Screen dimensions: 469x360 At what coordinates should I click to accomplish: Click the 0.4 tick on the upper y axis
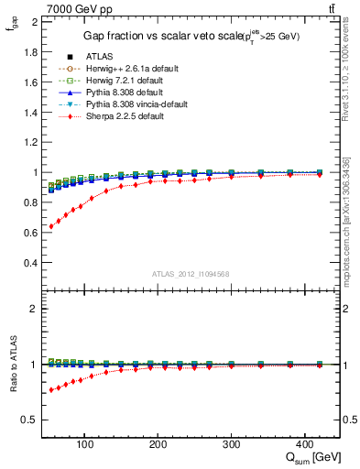pos(32,263)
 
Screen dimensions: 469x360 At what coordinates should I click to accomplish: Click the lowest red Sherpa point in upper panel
pos(49,226)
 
